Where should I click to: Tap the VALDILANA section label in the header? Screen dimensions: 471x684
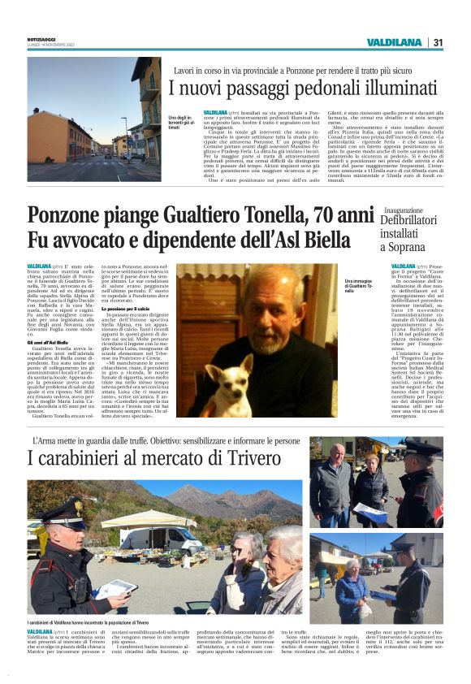click(x=394, y=42)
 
